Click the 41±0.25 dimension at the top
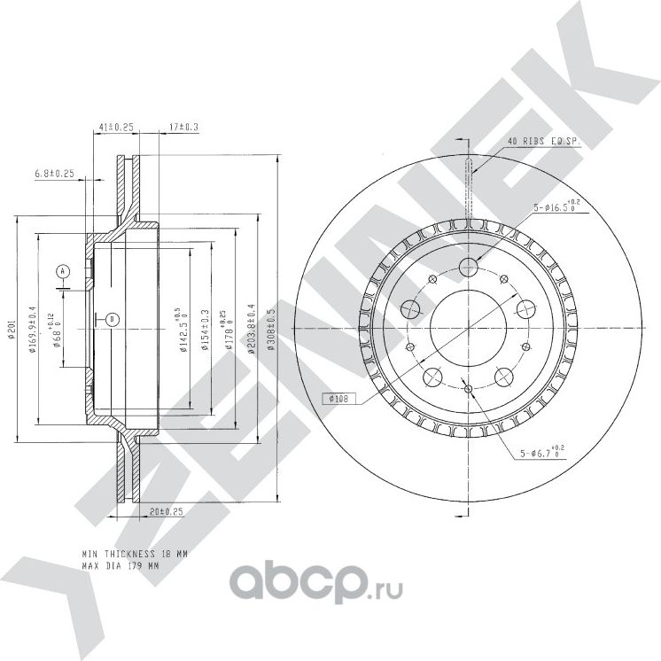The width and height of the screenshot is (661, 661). tap(115, 128)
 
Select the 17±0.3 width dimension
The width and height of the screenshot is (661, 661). tap(183, 128)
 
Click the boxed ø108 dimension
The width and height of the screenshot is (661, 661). tap(338, 400)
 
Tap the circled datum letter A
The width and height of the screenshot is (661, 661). tap(62, 269)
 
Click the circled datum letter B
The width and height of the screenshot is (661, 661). tap(113, 318)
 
